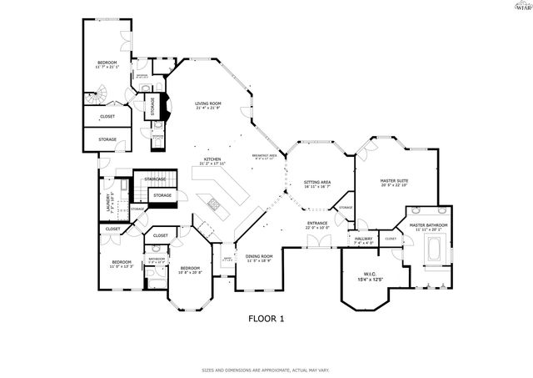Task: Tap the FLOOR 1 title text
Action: (x=266, y=319)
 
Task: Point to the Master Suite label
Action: (x=394, y=183)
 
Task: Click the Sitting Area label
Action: (x=317, y=184)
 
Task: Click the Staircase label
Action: (x=156, y=179)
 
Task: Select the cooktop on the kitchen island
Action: (x=213, y=204)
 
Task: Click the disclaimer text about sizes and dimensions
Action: (x=266, y=369)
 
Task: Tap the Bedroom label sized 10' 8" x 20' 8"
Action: (x=190, y=270)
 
